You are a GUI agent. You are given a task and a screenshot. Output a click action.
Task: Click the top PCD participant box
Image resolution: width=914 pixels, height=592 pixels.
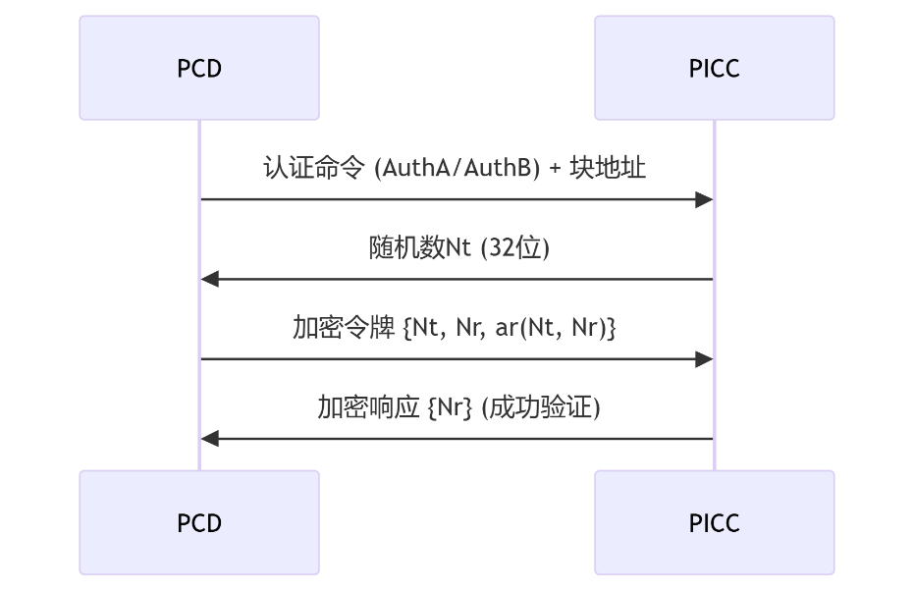(x=199, y=68)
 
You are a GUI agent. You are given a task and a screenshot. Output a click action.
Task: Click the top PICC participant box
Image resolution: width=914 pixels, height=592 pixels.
(x=714, y=68)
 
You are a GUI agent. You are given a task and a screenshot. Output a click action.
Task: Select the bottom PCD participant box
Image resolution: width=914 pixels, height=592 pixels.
(x=199, y=522)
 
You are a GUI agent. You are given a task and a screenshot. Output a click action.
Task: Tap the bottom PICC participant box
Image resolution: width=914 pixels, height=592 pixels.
(x=714, y=522)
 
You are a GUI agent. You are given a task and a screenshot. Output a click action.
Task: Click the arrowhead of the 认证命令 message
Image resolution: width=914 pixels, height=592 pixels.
(x=703, y=200)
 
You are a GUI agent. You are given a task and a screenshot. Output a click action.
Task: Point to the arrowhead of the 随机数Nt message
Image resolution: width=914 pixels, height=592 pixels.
(x=210, y=280)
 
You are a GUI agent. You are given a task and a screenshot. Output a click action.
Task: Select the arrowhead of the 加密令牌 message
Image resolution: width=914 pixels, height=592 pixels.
(x=703, y=359)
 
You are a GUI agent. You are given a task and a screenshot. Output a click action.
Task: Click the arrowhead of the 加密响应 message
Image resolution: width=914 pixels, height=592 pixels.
(x=210, y=439)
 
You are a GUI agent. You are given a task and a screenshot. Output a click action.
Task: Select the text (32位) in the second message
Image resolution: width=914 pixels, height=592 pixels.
(x=513, y=247)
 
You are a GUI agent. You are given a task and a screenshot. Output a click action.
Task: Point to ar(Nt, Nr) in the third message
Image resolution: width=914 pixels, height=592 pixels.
(x=549, y=328)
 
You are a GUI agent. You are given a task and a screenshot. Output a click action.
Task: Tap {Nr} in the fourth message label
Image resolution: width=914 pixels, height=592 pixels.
(x=451, y=407)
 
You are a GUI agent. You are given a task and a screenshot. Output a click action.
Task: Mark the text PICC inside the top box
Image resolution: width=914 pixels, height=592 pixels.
(x=714, y=69)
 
